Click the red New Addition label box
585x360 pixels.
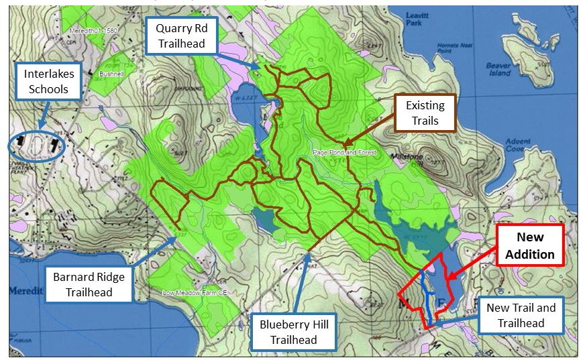pyautogui.click(x=529, y=245)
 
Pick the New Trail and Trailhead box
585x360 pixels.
pyautogui.click(x=521, y=316)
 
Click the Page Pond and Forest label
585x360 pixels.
pyautogui.click(x=345, y=152)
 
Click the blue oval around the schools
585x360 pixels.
pyautogui.click(x=37, y=145)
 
